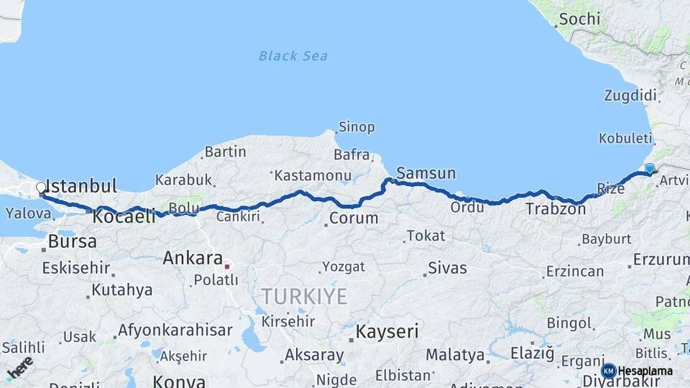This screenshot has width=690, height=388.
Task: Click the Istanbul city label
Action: coord(80,186)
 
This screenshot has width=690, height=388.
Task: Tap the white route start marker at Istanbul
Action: coord(41,188)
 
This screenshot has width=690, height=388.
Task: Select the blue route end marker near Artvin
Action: coord(650,169)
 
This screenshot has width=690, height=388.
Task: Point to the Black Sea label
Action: coord(293,55)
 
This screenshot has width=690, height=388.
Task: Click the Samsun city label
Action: coord(426,173)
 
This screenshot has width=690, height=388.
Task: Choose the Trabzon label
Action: coord(556,209)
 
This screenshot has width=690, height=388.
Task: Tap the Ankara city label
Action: coord(193,258)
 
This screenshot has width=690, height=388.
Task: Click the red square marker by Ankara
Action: coord(227,266)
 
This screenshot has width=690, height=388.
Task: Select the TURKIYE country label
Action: coord(304,295)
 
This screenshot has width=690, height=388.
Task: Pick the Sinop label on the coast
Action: coord(357,127)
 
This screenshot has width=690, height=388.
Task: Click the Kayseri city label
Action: coord(387,331)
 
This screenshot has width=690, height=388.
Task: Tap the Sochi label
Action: coord(579,19)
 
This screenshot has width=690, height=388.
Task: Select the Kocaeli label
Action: coord(124,216)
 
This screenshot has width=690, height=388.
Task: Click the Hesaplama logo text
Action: coord(645,371)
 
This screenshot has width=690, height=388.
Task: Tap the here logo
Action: coord(20,366)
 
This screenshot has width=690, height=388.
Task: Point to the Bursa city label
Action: coord(73,241)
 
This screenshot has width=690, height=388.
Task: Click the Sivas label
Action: coord(447,268)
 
